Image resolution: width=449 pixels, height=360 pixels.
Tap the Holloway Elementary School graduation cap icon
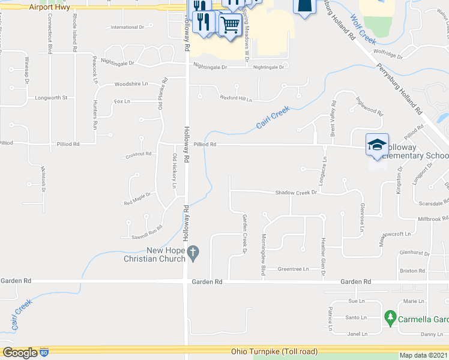coord(377,144)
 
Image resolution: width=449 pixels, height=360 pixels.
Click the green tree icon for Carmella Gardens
coord(390,316)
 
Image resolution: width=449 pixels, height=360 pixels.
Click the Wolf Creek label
coord(363,28)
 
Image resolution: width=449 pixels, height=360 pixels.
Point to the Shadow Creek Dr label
coord(295,193)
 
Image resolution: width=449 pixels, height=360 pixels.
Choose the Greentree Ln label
coord(293,269)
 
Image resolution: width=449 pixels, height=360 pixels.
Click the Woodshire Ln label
coord(131,85)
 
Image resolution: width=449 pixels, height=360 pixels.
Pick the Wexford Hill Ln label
coord(235,97)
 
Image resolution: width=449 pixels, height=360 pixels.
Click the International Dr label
coord(127,28)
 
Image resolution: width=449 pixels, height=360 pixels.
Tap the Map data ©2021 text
coord(423,355)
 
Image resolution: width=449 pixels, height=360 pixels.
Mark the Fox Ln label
coord(122,101)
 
